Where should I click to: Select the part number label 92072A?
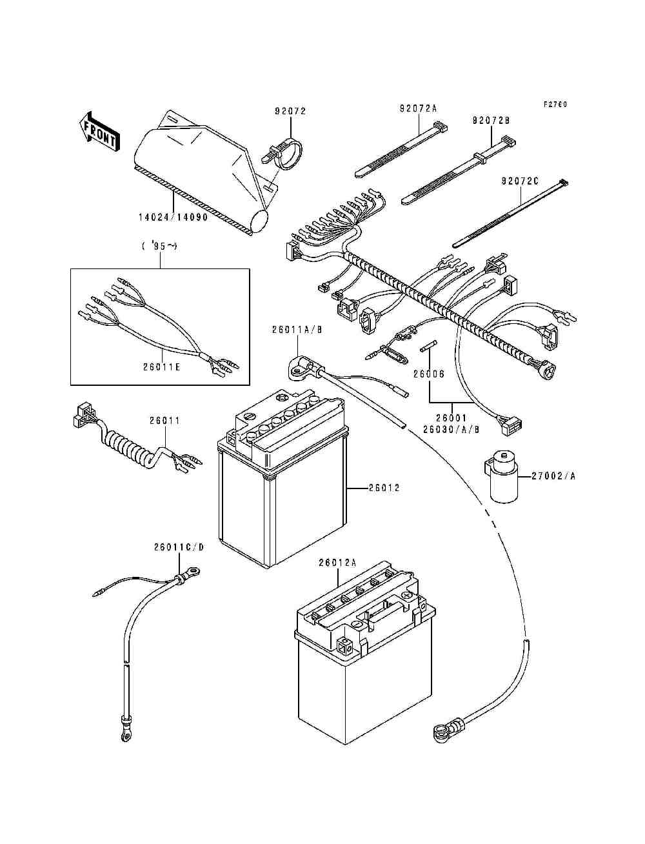pos(418,109)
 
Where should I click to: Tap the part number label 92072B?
pos(491,121)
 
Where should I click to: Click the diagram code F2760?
pos(555,104)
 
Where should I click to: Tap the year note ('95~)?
pos(160,246)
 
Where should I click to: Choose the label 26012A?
pos(337,563)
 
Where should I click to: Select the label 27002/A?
pos(554,476)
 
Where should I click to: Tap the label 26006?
pos(429,374)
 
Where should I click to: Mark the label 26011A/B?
pos(297,330)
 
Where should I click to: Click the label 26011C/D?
pos(179,547)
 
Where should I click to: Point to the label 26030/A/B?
pos(451,428)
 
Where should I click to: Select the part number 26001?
pos(452,417)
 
